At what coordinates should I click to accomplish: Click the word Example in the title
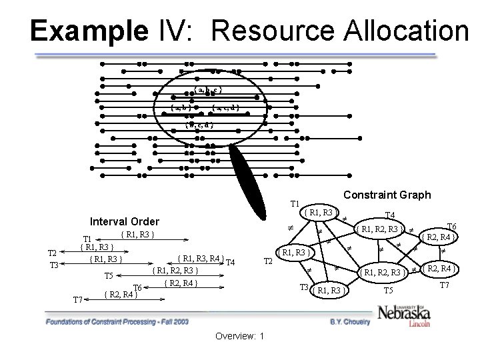87,31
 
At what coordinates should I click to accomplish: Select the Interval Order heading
125,221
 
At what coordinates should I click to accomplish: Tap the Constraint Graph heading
387,195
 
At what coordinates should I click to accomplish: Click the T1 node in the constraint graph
319,213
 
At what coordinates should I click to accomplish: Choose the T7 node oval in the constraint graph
440,269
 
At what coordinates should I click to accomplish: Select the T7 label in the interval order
78,300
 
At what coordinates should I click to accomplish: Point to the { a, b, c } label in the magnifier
207,90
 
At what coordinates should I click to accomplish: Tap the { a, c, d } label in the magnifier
225,107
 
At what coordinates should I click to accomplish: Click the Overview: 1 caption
239,335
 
